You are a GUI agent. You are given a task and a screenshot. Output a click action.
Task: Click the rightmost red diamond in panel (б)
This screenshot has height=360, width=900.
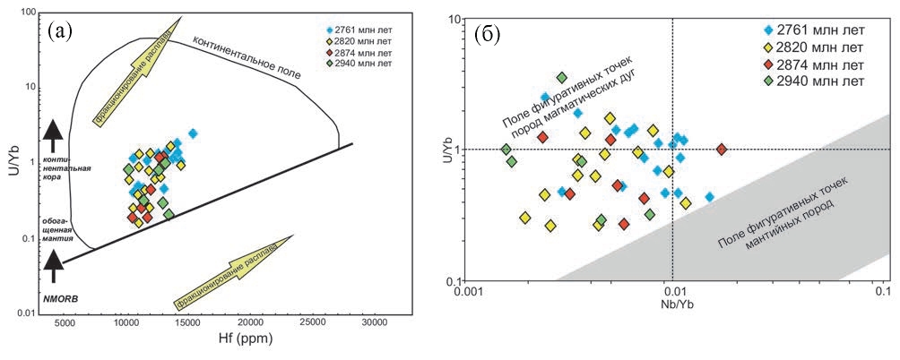[722, 149]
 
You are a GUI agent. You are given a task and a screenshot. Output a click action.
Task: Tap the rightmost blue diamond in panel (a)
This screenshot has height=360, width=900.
[192, 133]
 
